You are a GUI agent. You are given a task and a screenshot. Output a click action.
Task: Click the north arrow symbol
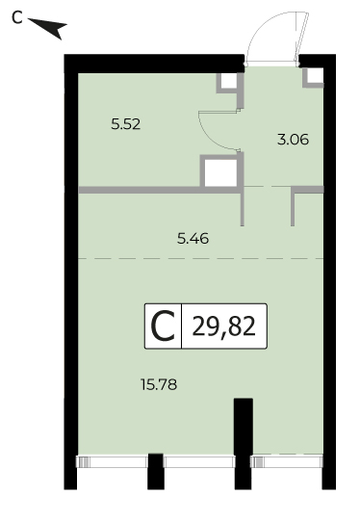click(50, 27)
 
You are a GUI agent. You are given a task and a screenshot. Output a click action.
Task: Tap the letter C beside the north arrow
click(17, 17)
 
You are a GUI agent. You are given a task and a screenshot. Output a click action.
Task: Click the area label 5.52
click(126, 124)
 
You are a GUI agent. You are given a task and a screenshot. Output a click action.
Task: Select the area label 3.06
click(294, 140)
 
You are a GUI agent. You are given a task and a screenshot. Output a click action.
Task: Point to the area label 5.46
click(193, 239)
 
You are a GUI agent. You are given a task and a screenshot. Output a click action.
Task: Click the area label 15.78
click(159, 385)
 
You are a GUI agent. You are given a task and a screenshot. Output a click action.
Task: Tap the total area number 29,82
click(224, 326)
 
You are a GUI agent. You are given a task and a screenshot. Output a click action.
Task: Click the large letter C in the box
click(163, 326)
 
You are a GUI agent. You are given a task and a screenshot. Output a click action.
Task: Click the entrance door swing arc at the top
click(263, 27)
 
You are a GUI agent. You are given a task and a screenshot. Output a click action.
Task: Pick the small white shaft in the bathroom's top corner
click(229, 81)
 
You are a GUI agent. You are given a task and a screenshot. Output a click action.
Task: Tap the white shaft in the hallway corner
click(315, 75)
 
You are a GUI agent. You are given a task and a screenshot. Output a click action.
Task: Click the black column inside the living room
click(244, 426)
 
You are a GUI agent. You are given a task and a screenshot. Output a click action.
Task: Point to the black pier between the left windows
click(156, 471)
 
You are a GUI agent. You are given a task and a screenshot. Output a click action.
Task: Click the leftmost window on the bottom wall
click(112, 462)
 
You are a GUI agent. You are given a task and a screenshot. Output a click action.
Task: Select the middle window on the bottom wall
click(199, 462)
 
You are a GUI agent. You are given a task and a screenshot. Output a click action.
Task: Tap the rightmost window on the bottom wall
click(287, 462)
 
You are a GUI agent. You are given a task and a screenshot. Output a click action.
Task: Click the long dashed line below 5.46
click(200, 258)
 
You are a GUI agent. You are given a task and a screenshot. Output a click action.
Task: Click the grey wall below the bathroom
click(159, 190)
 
